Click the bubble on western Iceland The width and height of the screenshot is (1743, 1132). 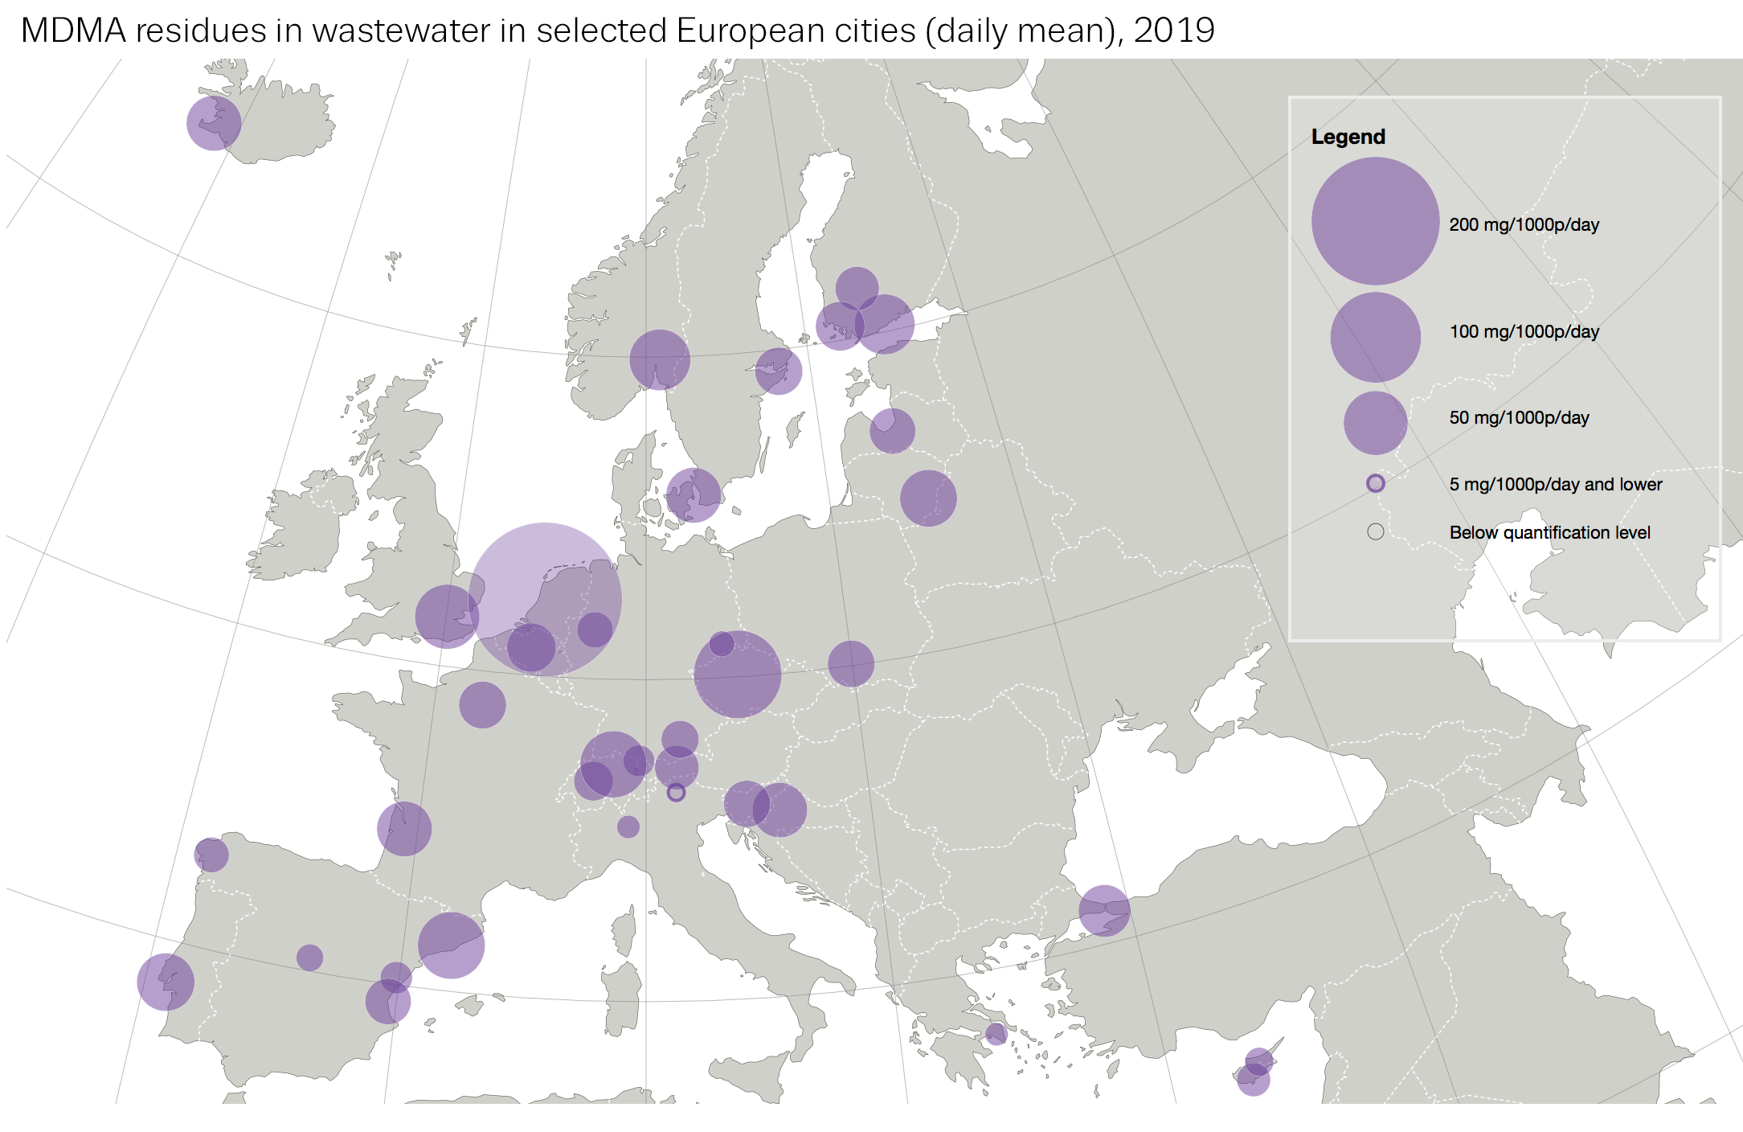click(x=214, y=123)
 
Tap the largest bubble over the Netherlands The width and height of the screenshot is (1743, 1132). click(x=545, y=599)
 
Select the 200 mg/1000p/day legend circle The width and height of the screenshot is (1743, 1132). click(x=1375, y=221)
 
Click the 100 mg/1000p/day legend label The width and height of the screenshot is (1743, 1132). click(x=1524, y=331)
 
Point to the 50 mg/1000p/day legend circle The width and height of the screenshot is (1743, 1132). click(x=1375, y=423)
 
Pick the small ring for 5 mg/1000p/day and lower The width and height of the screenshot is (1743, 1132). click(x=1375, y=483)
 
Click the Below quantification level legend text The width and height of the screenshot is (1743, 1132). click(x=1549, y=532)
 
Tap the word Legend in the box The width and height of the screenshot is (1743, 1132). click(x=1348, y=137)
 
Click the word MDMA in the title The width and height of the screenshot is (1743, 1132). click(x=73, y=31)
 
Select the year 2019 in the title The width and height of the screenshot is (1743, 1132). click(x=1173, y=31)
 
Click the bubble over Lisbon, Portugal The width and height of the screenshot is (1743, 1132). click(x=166, y=982)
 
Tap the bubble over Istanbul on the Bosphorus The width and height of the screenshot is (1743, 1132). click(x=1104, y=910)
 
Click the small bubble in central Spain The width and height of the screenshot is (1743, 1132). click(x=309, y=957)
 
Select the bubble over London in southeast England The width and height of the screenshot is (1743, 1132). click(x=447, y=617)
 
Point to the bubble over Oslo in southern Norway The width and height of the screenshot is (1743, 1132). click(x=660, y=359)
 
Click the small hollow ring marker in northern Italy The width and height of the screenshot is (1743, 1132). click(x=676, y=793)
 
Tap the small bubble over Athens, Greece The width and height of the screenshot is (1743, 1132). click(x=996, y=1033)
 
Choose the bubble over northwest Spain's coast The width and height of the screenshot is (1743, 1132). click(x=211, y=855)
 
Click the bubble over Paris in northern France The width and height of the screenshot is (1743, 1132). click(x=482, y=705)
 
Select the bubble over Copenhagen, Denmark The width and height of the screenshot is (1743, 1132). click(x=694, y=495)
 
